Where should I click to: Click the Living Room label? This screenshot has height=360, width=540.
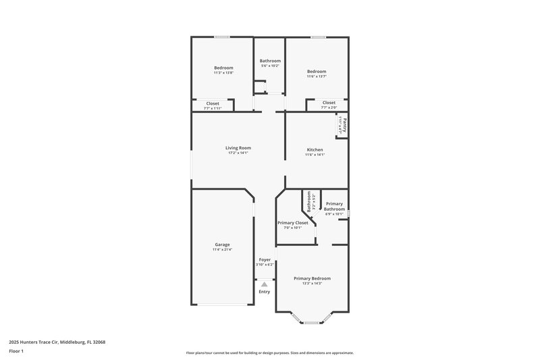pyautogui.click(x=238, y=148)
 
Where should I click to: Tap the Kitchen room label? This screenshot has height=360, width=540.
pyautogui.click(x=315, y=149)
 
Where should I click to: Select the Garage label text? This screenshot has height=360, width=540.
pyautogui.click(x=223, y=245)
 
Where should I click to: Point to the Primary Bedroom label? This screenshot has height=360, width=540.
pyautogui.click(x=312, y=278)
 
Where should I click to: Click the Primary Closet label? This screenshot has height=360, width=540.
pyautogui.click(x=292, y=223)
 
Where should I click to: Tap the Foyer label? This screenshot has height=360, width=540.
pyautogui.click(x=265, y=259)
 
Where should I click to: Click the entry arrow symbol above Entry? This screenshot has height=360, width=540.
pyautogui.click(x=265, y=285)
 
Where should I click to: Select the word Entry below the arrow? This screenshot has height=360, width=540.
pyautogui.click(x=265, y=292)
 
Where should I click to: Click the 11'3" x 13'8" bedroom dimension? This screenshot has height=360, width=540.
pyautogui.click(x=223, y=73)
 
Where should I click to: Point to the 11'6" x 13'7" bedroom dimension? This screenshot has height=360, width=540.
pyautogui.click(x=316, y=76)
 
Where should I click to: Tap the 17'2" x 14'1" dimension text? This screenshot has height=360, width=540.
pyautogui.click(x=238, y=153)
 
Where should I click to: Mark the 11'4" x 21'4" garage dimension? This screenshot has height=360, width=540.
pyautogui.click(x=223, y=250)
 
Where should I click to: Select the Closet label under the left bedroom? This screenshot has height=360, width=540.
pyautogui.click(x=213, y=103)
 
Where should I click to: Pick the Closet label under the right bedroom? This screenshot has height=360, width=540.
pyautogui.click(x=329, y=103)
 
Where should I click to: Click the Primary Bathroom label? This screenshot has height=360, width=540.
pyautogui.click(x=334, y=207)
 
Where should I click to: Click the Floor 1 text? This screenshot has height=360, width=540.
pyautogui.click(x=17, y=352)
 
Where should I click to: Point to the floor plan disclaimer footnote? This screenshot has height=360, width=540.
pyautogui.click(x=269, y=353)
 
